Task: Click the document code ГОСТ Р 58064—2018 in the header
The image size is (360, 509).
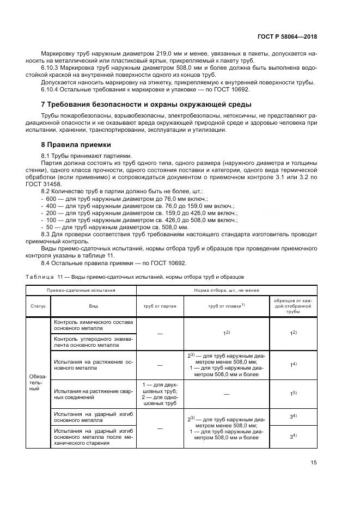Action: [287, 36]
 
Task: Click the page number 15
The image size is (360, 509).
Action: [314, 463]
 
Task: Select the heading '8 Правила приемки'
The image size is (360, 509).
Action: [76, 145]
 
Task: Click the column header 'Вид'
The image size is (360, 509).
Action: [93, 306]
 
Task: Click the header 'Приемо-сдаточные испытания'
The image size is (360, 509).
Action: [81, 290]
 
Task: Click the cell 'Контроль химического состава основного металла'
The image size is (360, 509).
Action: [93, 326]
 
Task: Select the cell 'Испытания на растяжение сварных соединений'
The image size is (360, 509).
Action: [93, 394]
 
